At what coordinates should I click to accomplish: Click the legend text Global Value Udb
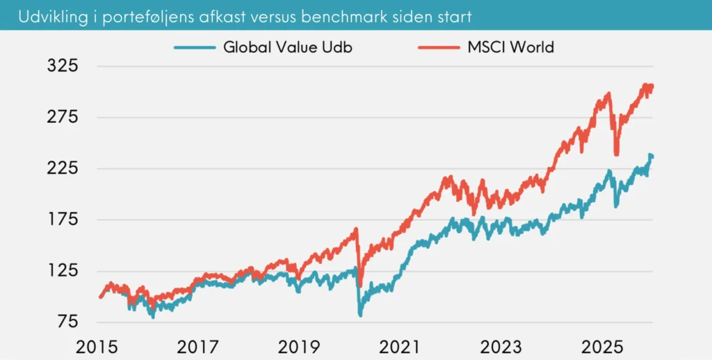click(x=293, y=48)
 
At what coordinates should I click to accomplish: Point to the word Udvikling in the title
click(x=43, y=15)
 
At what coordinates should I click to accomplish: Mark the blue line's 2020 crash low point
click(x=360, y=315)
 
